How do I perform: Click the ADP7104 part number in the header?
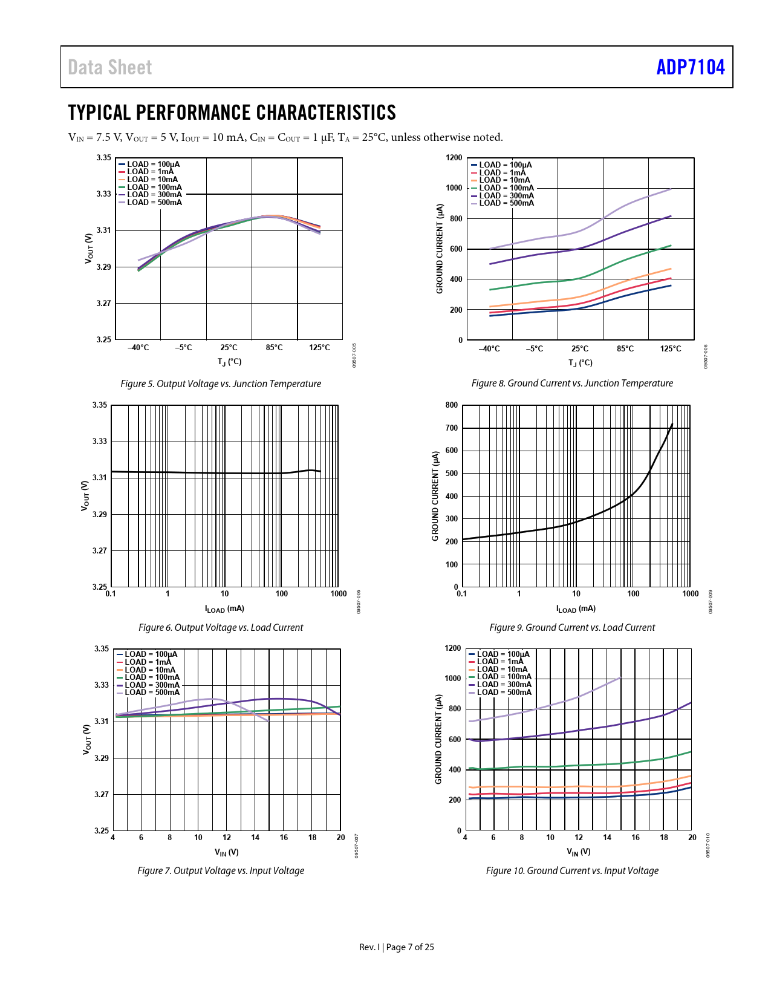[690, 67]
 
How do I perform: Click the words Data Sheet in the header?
[109, 67]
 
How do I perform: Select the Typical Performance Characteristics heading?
[232, 113]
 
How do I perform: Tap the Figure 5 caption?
[221, 383]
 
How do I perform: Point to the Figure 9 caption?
[572, 627]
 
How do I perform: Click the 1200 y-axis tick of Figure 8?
[454, 158]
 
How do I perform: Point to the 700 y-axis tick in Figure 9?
[452, 428]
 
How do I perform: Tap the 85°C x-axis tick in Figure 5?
[274, 348]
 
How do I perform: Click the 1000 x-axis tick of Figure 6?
[339, 594]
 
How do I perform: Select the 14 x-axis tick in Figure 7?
[255, 838]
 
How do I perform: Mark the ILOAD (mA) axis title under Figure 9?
[576, 609]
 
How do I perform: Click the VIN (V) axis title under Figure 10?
[579, 852]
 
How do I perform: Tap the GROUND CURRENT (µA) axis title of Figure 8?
[440, 249]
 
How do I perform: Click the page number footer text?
[397, 947]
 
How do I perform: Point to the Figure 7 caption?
[221, 870]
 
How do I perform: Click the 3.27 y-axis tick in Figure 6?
[100, 551]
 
